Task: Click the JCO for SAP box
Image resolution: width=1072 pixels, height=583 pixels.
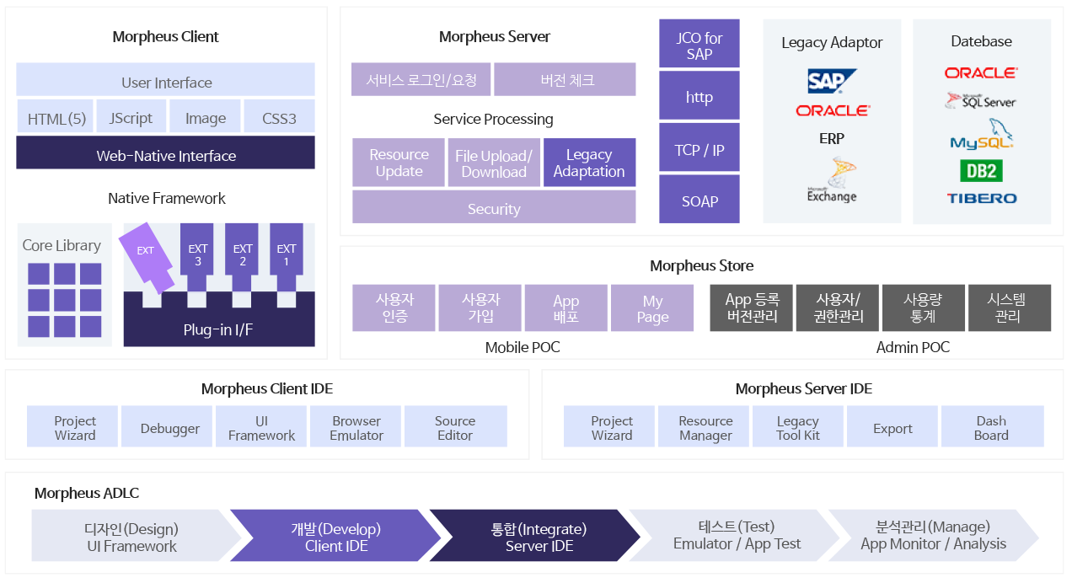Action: tap(699, 45)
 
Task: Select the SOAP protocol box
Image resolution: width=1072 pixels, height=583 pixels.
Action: tap(699, 201)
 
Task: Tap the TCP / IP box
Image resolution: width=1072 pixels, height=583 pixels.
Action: tap(699, 149)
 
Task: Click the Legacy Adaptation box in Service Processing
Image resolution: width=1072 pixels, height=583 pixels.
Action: tap(589, 163)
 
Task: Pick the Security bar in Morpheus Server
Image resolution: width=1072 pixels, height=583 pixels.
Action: tap(494, 208)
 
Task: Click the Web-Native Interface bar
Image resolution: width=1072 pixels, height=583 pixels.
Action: tap(165, 154)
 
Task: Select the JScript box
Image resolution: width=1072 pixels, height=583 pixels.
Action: tap(131, 117)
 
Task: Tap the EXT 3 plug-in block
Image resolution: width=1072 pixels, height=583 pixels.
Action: tap(197, 254)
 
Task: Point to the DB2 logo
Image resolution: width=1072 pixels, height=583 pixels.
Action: tap(981, 171)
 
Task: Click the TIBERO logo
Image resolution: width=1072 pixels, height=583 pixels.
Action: tap(981, 198)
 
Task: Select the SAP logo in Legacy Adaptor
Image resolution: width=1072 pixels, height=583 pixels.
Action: tap(831, 81)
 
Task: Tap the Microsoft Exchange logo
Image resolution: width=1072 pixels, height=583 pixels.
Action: tap(831, 180)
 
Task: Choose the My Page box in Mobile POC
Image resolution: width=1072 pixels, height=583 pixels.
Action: tap(652, 308)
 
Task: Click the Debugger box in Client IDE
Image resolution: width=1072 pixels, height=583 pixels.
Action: tap(169, 427)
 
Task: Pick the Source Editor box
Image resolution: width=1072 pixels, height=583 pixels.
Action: tap(455, 427)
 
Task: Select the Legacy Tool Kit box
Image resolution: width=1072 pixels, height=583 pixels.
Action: tap(798, 427)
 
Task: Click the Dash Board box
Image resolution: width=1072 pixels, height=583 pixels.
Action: tap(991, 427)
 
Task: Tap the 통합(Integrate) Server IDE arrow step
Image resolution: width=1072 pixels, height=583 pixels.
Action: tap(538, 537)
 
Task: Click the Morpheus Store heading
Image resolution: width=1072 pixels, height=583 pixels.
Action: tap(701, 265)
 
